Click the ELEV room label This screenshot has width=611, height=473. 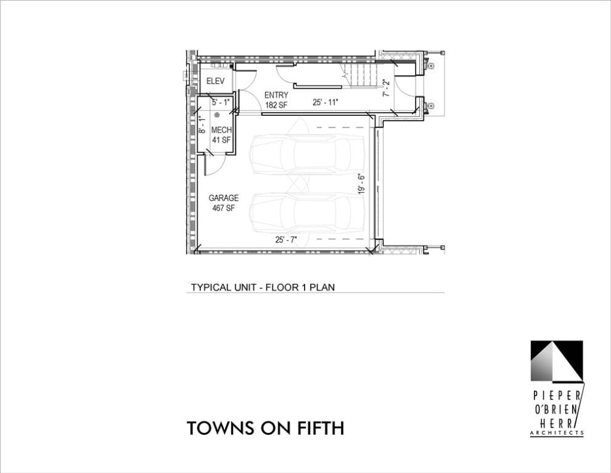point(216,81)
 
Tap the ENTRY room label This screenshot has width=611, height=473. point(276,95)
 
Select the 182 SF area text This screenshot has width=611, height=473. point(276,105)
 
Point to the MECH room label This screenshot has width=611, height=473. point(221,130)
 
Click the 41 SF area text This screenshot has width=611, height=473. point(221,140)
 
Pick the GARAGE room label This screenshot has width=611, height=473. point(223,198)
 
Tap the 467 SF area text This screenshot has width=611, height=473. point(223,208)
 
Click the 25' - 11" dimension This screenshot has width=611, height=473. point(326,102)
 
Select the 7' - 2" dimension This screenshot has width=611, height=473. point(386,88)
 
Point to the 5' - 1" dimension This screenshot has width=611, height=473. point(221,102)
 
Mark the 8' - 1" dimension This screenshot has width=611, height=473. point(202,125)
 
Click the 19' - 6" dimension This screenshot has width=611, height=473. point(361,184)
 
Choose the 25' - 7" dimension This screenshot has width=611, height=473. point(287,240)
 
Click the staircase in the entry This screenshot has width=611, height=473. point(359,76)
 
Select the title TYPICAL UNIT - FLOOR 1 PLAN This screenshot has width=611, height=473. point(263,287)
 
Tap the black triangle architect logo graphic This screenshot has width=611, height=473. point(557,361)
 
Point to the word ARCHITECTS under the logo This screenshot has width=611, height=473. point(557,432)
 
